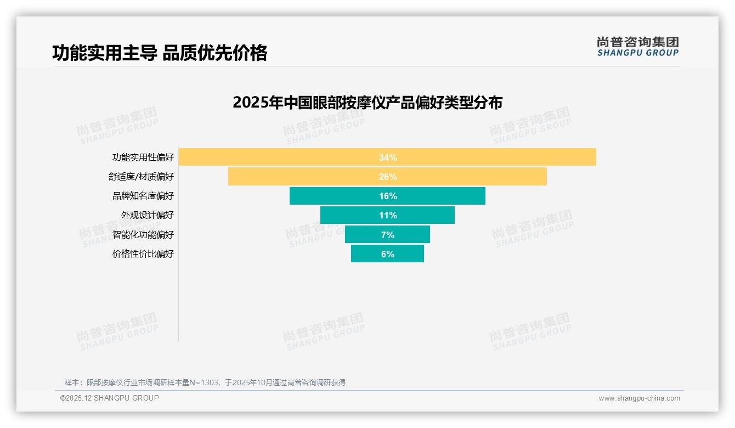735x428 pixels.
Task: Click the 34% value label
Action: point(388,157)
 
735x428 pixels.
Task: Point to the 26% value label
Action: point(388,177)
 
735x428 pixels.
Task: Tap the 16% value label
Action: point(388,196)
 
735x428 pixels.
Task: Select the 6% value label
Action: point(388,254)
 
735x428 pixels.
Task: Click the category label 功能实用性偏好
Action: point(143,157)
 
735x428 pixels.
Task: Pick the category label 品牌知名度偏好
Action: point(143,196)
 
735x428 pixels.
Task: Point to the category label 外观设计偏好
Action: point(147,215)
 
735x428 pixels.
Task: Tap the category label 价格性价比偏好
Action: point(143,254)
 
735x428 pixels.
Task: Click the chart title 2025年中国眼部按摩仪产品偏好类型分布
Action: point(367,103)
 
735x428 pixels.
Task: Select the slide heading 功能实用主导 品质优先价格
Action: point(160,53)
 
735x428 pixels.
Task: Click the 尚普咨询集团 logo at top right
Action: point(637,47)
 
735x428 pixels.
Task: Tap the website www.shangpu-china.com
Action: point(639,398)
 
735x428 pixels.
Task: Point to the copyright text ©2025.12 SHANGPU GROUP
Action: point(109,398)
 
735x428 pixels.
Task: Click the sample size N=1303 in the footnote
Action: point(204,382)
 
